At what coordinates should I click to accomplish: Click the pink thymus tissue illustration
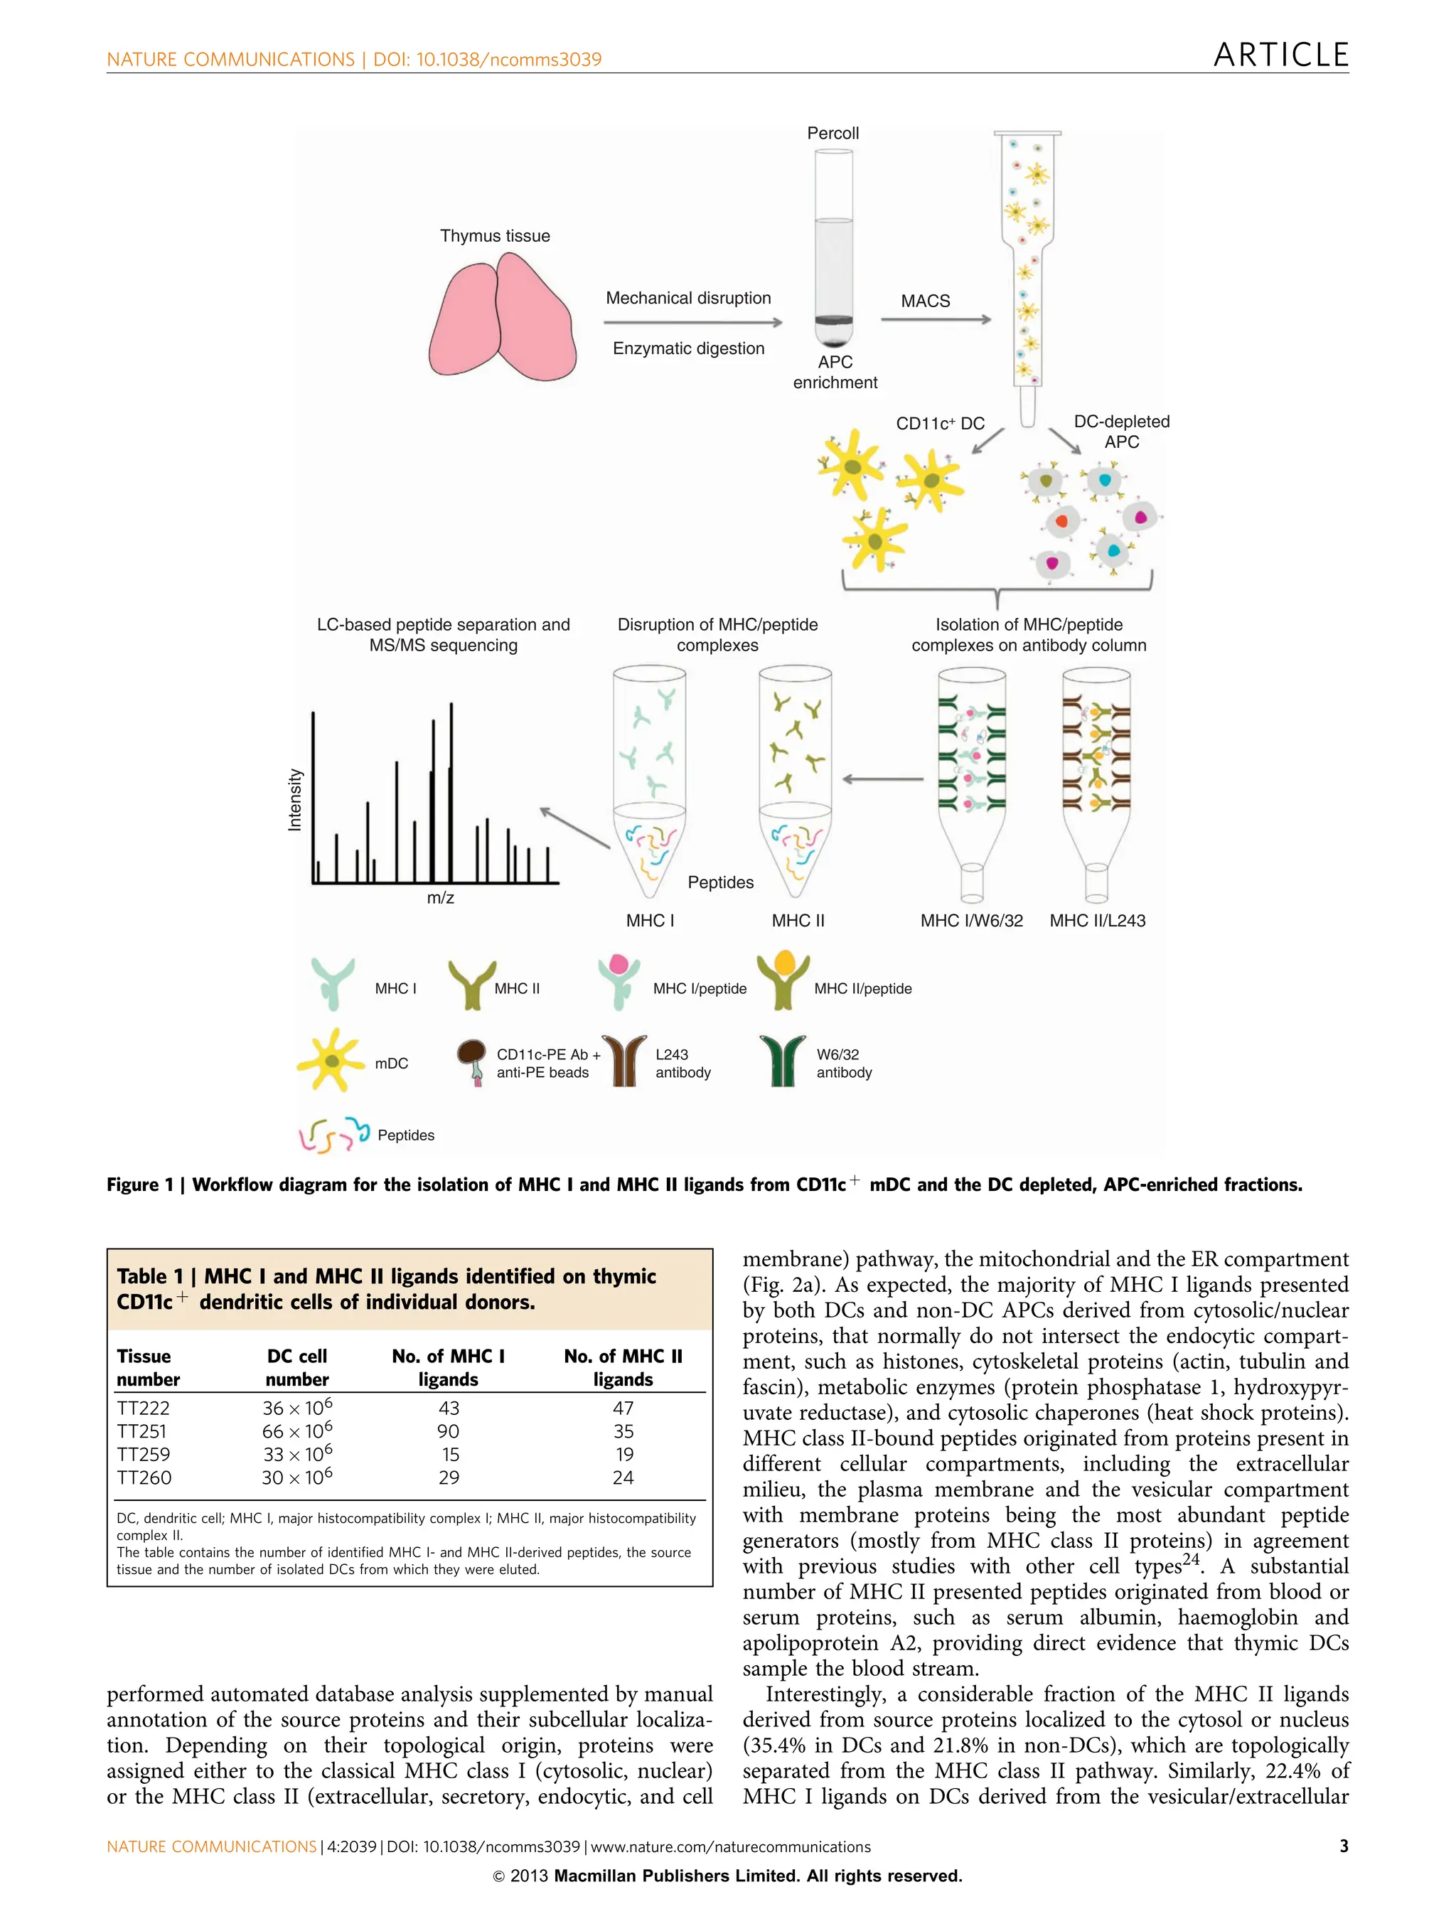(502, 319)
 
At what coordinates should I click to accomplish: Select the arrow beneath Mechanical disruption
(692, 323)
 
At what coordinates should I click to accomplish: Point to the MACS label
(925, 301)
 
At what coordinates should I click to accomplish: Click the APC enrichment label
(835, 372)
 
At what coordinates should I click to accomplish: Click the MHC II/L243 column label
(1096, 921)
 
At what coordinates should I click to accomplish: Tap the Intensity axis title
(294, 800)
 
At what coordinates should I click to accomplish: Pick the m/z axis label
(440, 898)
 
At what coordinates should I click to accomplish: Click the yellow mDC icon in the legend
(329, 1060)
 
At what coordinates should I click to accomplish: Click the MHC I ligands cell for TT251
(448, 1431)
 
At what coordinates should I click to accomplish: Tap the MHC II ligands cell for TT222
(622, 1408)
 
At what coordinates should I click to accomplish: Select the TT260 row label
(144, 1478)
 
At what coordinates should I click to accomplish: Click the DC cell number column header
(296, 1367)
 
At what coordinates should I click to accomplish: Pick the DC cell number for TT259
(296, 1455)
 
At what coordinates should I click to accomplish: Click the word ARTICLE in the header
(1280, 55)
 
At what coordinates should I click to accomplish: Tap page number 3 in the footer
(1344, 1846)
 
